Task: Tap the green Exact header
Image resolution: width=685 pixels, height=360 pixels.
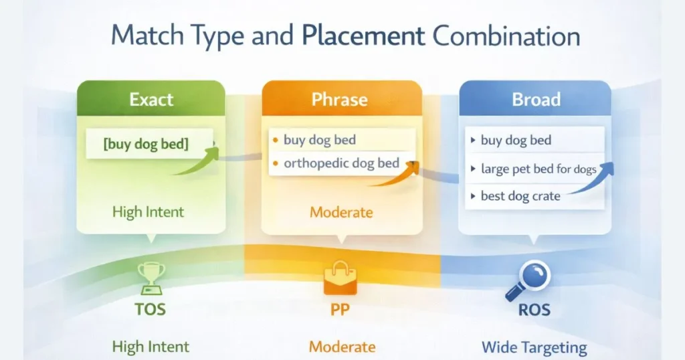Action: pos(151,100)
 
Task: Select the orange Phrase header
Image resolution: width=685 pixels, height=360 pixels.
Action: pos(340,100)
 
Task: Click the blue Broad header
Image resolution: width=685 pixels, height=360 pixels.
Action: pos(536,100)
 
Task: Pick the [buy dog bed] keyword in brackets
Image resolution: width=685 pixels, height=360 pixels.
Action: pos(146,144)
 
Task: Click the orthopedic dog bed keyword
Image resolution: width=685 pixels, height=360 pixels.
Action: pos(341,163)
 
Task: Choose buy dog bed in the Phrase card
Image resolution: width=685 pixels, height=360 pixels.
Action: pos(320,140)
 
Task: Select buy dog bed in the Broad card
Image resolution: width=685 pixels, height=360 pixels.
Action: pos(516,141)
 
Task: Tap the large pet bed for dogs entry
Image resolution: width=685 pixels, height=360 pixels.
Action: pos(539,169)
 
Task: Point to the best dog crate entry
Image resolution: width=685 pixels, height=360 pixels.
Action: pos(520,197)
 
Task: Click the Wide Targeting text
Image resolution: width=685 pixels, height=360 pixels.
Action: pos(534,348)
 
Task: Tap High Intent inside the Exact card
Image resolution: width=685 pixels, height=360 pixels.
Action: pos(148,213)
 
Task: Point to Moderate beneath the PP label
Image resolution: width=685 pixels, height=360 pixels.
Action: pos(341,347)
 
